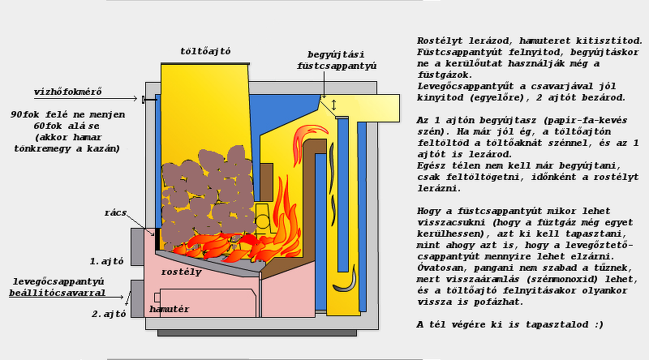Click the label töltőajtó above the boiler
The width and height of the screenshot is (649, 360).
(x=205, y=51)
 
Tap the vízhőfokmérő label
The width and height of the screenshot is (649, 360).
(x=68, y=91)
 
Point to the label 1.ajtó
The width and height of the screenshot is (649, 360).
(x=105, y=262)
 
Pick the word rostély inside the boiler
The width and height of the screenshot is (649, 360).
(x=181, y=272)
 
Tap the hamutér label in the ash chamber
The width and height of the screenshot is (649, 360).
(x=169, y=309)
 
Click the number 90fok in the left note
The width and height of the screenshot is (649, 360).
(x=27, y=114)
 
